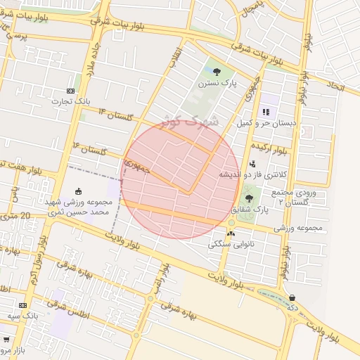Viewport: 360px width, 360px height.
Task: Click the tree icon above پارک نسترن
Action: tap(217, 71)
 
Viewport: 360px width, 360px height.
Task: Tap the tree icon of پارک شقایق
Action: tap(249, 198)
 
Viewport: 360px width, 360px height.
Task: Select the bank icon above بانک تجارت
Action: tap(70, 91)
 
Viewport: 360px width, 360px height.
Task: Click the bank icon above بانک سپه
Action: tap(23, 305)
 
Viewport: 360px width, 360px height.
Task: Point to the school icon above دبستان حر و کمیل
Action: tap(266, 111)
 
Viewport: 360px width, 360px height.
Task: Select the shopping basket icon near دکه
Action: tap(292, 297)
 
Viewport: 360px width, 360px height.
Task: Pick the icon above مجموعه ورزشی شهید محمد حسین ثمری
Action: tap(78, 191)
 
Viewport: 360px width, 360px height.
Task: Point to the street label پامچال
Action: tap(250, 10)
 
